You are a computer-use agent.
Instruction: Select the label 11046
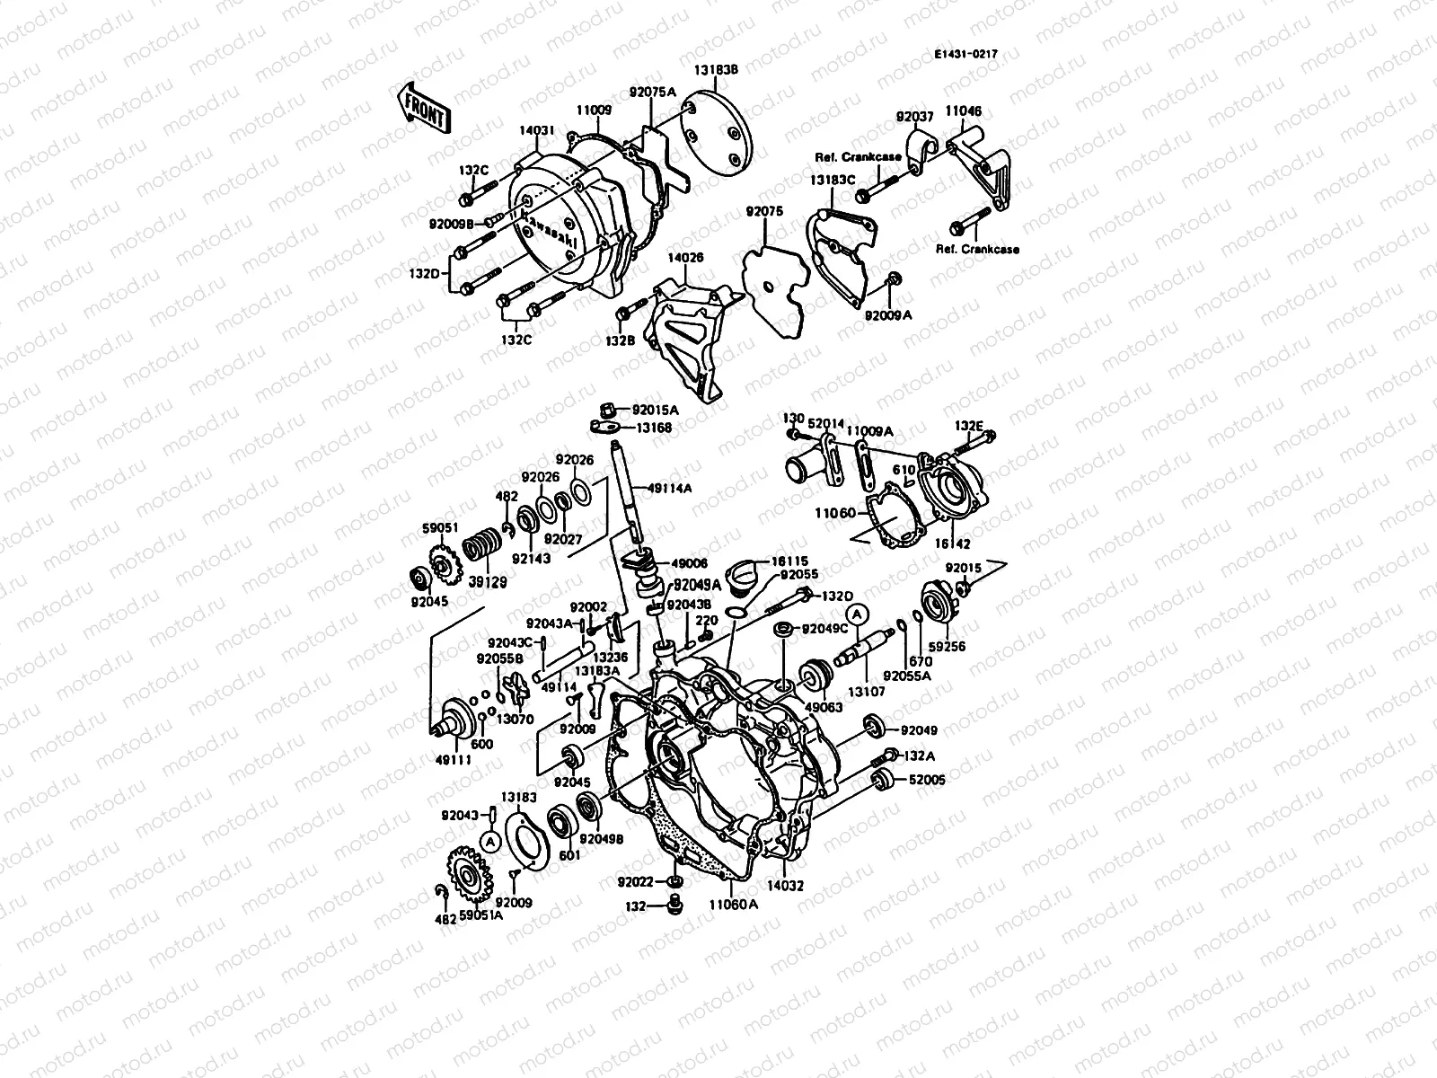[x=965, y=111]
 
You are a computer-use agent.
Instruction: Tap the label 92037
[x=915, y=117]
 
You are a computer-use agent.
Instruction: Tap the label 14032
[x=785, y=885]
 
